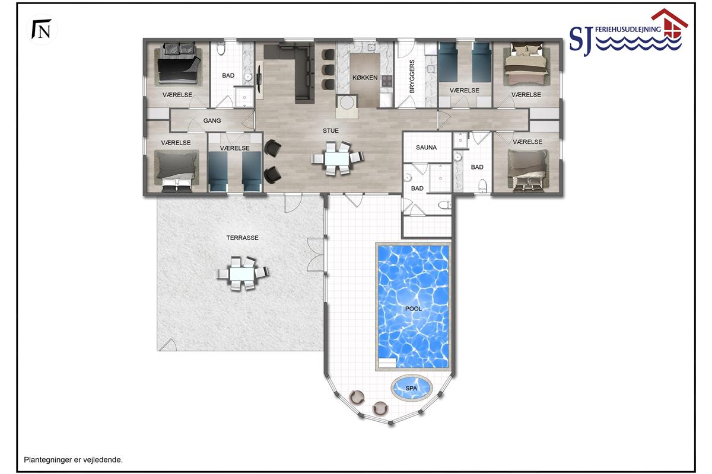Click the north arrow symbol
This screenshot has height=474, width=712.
[x=42, y=29]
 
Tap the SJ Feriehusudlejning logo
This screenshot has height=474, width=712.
[x=628, y=33]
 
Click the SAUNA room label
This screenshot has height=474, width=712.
[x=426, y=148]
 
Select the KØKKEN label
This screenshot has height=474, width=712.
[x=365, y=78]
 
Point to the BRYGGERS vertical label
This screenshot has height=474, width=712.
[x=412, y=76]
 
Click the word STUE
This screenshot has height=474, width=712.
[x=330, y=130]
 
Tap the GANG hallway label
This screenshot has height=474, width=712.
[x=212, y=121]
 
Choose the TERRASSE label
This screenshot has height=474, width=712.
[x=242, y=238]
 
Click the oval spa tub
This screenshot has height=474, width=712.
[x=411, y=387]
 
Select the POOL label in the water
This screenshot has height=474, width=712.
[x=413, y=309]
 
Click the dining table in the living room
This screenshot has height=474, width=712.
[x=338, y=158]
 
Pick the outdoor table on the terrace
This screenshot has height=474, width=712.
[x=243, y=273]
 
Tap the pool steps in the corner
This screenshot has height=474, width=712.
[x=387, y=363]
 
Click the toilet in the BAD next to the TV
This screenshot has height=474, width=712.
[x=221, y=49]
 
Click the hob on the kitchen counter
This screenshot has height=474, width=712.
[x=387, y=81]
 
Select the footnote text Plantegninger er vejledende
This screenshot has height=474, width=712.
[x=73, y=460]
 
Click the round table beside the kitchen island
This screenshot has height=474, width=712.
[x=347, y=103]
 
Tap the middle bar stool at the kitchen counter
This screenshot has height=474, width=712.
[x=328, y=69]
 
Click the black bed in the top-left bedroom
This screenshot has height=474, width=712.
[x=179, y=66]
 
